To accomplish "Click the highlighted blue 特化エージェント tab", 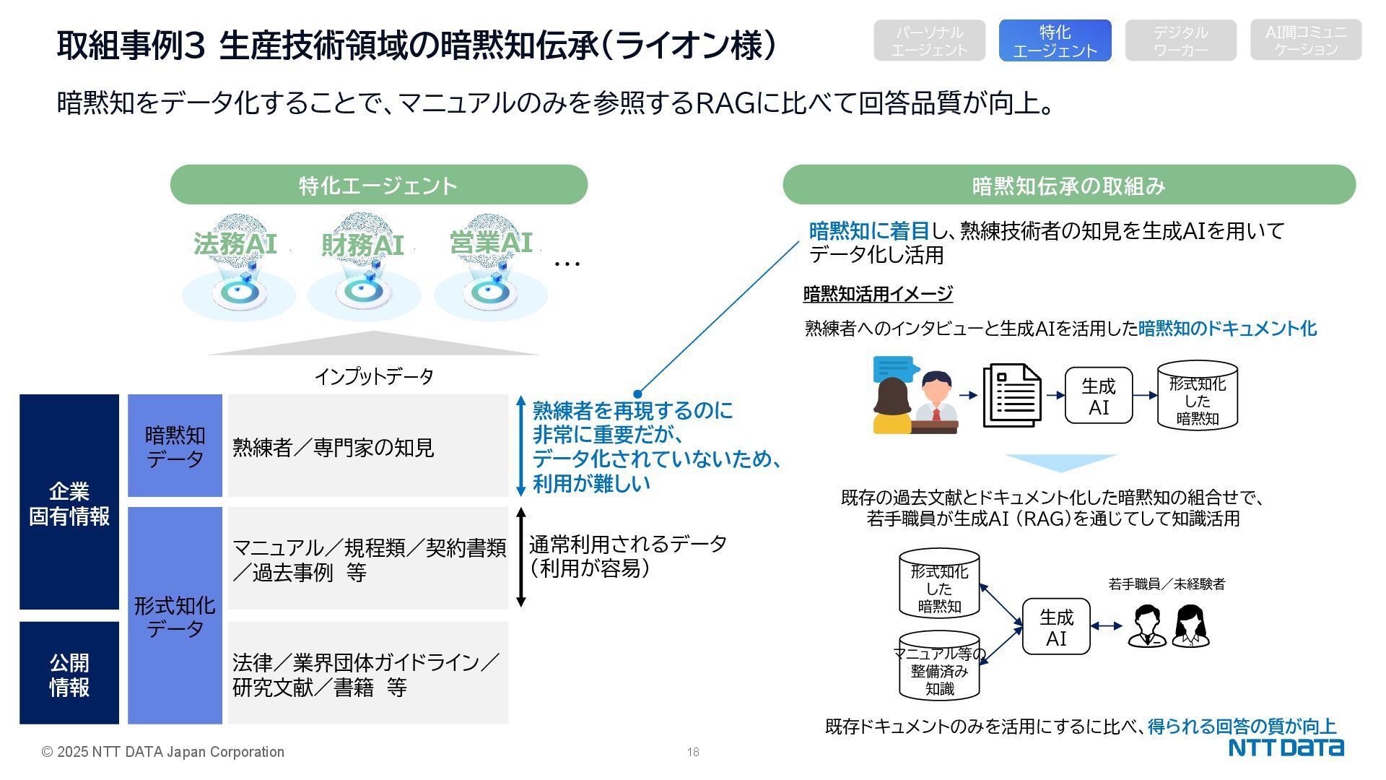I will [1055, 40].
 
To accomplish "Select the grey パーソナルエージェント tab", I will [929, 40].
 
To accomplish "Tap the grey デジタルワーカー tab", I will [1180, 40].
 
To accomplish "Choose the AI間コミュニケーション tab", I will [1306, 40].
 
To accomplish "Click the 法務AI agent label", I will [235, 244].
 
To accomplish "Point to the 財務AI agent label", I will [362, 246].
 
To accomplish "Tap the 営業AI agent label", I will [491, 243].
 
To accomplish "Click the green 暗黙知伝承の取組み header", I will [1068, 186].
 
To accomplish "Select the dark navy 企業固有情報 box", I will [69, 503].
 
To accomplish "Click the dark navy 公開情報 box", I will [69, 673].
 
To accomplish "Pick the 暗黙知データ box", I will [175, 446].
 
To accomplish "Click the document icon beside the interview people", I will [1011, 395].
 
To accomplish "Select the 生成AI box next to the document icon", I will [1098, 396].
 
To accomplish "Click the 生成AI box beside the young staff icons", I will [1055, 627].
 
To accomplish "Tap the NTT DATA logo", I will [1286, 747].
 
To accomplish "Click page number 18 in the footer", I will [693, 752].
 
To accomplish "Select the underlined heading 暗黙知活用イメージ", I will [878, 294].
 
